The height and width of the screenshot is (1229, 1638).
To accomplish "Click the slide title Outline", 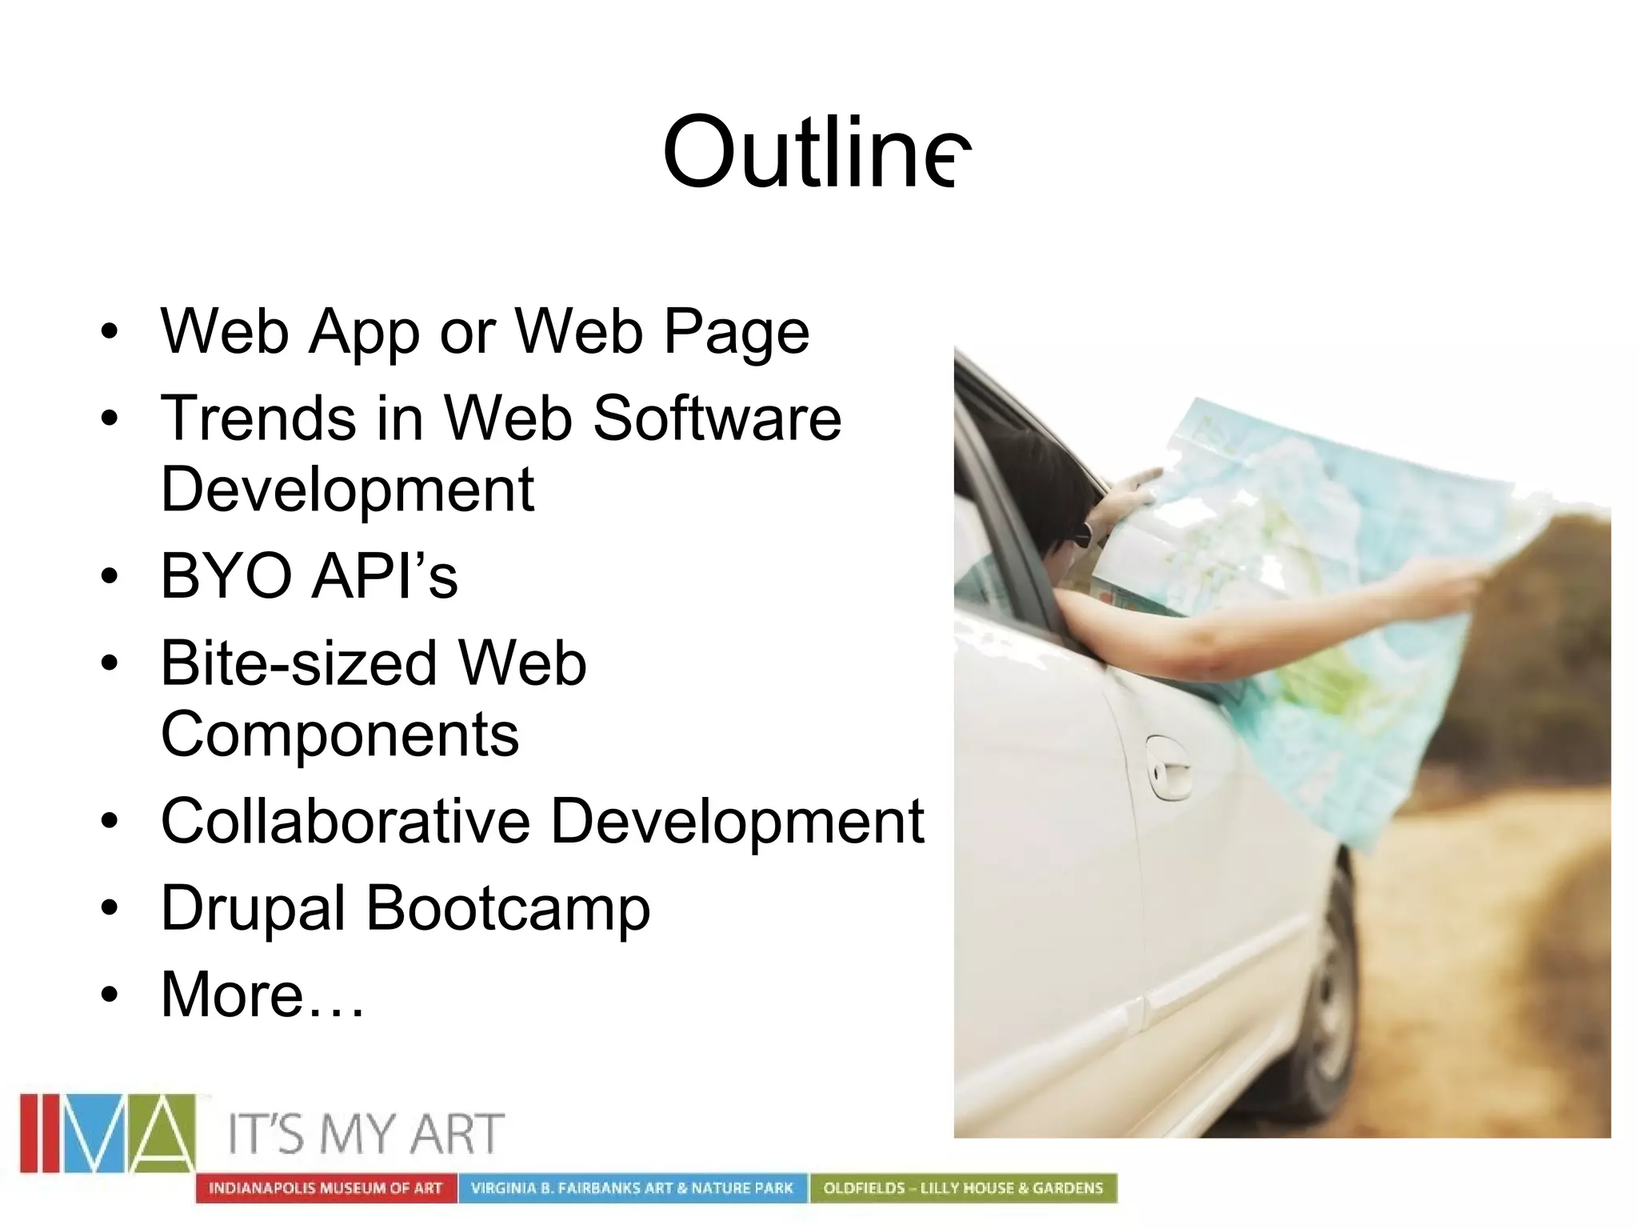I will click(x=816, y=152).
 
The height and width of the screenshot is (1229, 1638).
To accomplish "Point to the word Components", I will click(x=340, y=735).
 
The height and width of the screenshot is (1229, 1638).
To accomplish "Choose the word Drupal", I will click(x=253, y=909).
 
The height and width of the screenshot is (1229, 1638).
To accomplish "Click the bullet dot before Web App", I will click(x=110, y=331).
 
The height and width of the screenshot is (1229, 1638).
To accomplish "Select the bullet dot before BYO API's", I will click(x=110, y=576).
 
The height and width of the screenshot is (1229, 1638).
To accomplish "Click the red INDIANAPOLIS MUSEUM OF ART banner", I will click(x=326, y=1188).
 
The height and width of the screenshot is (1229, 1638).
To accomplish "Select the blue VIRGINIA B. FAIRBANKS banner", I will click(x=632, y=1188).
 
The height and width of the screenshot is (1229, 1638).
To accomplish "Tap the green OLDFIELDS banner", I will click(x=963, y=1188).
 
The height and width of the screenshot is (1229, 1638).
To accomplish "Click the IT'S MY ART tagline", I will click(x=366, y=1134).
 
